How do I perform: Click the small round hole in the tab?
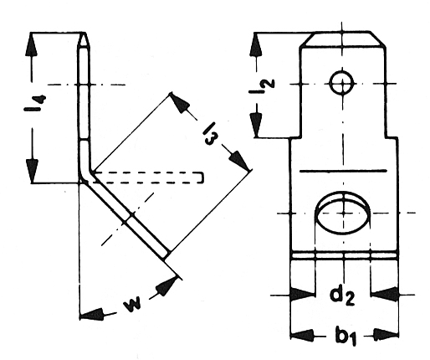tap(341, 82)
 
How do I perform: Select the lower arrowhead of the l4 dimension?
tap(33, 171)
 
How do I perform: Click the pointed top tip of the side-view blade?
tap(84, 34)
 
